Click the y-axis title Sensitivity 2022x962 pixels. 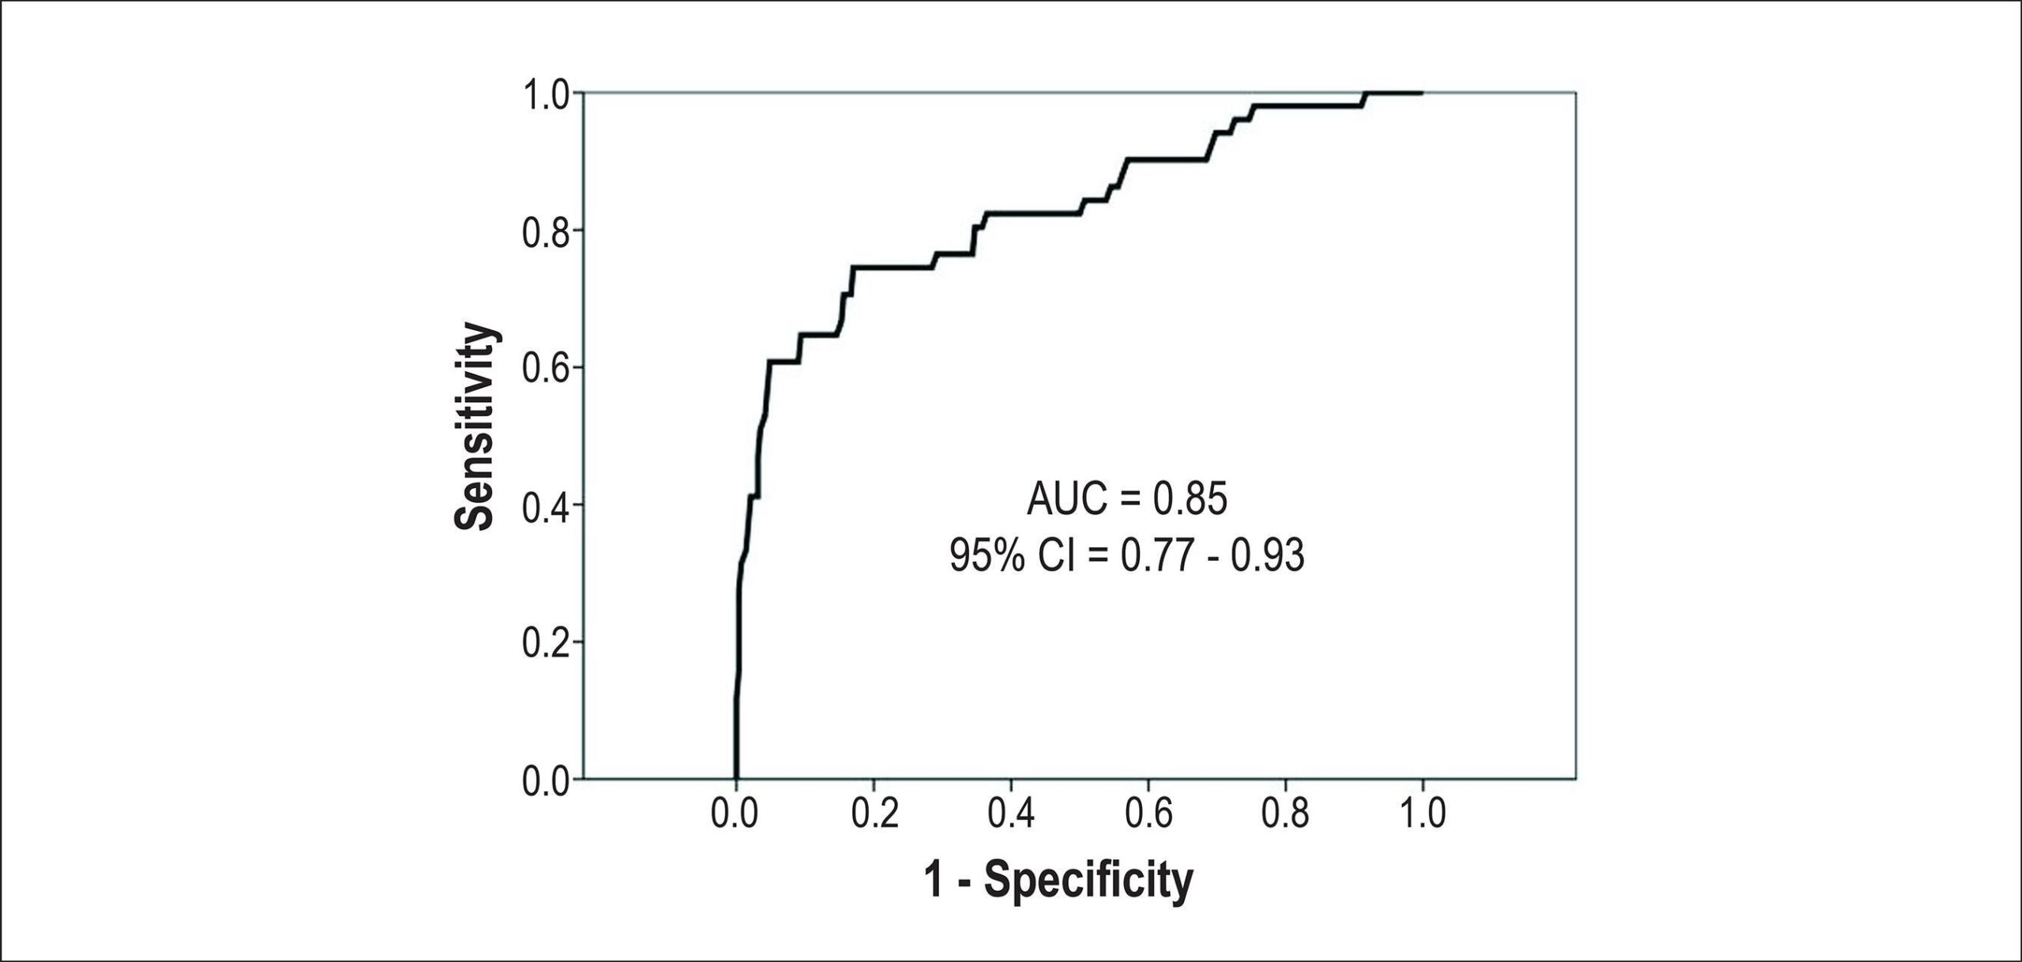pyautogui.click(x=476, y=426)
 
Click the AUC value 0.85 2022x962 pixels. pyautogui.click(x=1190, y=500)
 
